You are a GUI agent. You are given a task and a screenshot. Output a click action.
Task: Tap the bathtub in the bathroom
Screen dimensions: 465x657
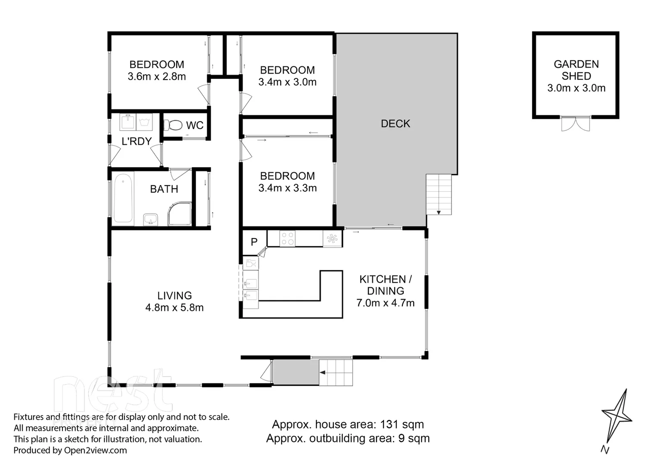click(x=123, y=198)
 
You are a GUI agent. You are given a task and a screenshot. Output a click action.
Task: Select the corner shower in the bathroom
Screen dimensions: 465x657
click(x=180, y=214)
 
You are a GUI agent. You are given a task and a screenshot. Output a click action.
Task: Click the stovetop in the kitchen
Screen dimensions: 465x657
click(x=287, y=239)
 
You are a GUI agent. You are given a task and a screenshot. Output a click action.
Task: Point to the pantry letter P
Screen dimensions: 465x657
click(x=254, y=242)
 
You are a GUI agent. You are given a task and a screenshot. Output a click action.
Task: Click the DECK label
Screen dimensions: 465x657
click(x=395, y=124)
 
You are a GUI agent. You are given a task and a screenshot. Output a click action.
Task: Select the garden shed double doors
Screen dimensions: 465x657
click(x=576, y=124)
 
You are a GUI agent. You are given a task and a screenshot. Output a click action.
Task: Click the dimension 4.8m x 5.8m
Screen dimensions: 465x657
click(x=174, y=308)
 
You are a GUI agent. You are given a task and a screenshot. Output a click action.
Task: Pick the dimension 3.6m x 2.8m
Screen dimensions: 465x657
click(x=157, y=77)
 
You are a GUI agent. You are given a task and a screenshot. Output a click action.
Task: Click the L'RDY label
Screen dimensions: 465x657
click(x=137, y=141)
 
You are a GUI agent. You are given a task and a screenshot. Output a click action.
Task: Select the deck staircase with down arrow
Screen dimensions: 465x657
click(x=439, y=194)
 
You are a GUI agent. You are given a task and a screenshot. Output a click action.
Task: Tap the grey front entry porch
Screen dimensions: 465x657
click(x=296, y=372)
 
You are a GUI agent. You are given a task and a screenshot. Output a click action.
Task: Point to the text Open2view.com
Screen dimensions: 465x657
click(x=95, y=450)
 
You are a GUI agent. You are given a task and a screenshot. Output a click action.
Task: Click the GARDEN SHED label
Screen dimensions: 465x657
click(x=576, y=70)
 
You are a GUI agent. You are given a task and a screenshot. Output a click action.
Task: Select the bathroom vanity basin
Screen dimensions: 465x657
click(x=150, y=219)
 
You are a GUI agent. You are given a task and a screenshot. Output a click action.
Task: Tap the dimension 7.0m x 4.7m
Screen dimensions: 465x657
click(x=385, y=303)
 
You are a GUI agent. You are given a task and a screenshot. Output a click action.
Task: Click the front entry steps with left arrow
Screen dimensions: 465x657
click(x=336, y=372)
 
